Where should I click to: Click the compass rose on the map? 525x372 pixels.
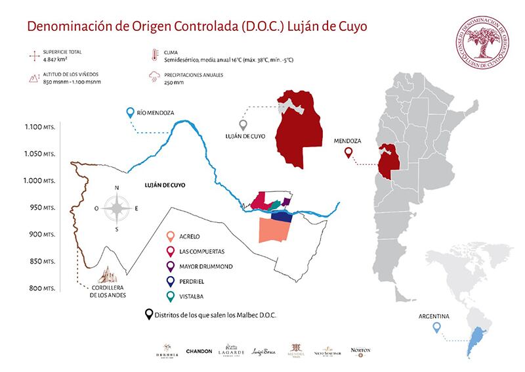pos(117,209)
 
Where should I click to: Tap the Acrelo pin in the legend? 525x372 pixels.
pos(171,235)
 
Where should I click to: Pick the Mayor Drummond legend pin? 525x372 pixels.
pos(171,266)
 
